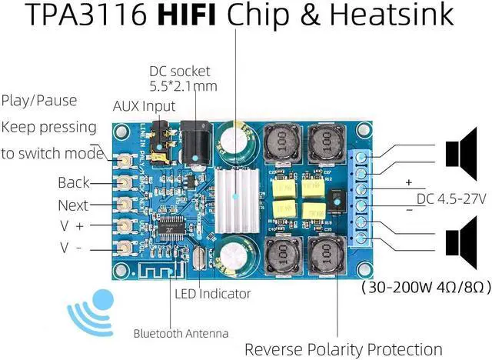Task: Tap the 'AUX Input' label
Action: click(x=144, y=106)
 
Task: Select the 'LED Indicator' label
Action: click(x=212, y=293)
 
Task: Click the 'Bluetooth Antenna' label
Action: click(x=181, y=333)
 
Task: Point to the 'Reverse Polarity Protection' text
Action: click(x=343, y=348)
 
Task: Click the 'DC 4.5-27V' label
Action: click(x=451, y=199)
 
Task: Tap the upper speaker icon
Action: click(x=462, y=151)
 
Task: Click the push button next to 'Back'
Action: click(x=124, y=182)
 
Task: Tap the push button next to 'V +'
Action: click(x=124, y=226)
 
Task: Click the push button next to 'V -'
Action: click(x=124, y=248)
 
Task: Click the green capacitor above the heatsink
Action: click(x=234, y=143)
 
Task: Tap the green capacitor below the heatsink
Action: click(x=235, y=259)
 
